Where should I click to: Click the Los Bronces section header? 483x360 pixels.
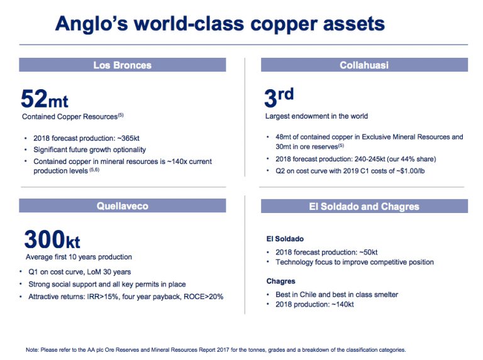tap(122, 65)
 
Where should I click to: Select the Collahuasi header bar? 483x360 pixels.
tap(364, 65)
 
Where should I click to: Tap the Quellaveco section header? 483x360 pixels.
tap(122, 206)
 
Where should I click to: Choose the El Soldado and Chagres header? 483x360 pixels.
tap(364, 206)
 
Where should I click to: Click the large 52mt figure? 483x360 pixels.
tap(45, 99)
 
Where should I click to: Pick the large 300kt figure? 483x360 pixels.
tap(52, 240)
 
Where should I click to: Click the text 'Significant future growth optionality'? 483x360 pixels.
tap(89, 150)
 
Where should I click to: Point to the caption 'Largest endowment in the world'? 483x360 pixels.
tap(316, 116)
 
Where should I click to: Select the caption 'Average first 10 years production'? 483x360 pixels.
tap(79, 257)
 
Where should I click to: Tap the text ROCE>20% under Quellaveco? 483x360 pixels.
tap(204, 297)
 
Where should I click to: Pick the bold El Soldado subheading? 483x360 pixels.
tap(285, 239)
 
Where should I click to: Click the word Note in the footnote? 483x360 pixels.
tap(32, 349)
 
